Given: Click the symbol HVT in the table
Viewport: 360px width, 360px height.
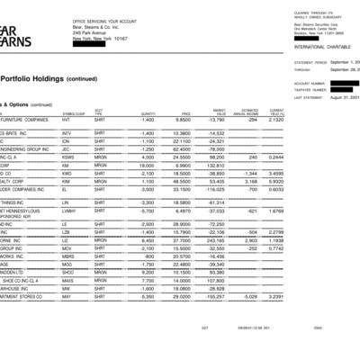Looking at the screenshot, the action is click(66, 119).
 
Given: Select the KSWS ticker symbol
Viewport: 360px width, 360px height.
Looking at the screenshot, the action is click(67, 156).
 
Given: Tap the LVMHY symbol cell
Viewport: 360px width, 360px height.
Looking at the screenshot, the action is click(68, 211).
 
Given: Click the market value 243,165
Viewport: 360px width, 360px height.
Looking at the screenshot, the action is click(211, 241).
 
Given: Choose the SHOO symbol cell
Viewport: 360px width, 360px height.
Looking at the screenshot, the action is click(67, 273).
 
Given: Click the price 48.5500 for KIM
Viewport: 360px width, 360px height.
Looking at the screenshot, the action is click(180, 181).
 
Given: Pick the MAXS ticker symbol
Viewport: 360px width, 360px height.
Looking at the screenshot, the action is click(67, 281).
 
